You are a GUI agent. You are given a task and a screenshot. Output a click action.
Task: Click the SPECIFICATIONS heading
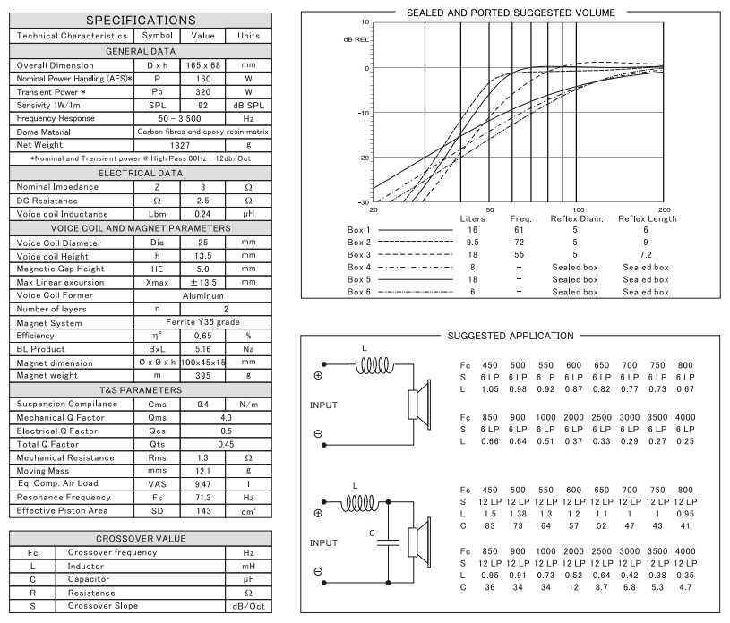click(140, 20)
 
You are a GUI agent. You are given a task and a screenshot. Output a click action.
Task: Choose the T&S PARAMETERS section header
click(140, 391)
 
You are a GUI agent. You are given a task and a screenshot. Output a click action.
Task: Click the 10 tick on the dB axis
click(365, 21)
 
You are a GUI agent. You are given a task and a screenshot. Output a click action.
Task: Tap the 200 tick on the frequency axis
click(664, 209)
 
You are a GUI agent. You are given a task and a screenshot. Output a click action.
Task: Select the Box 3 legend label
click(358, 255)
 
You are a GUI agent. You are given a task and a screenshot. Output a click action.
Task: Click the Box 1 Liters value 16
click(472, 230)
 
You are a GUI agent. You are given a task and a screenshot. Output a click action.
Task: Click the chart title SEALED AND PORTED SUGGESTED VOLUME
click(511, 13)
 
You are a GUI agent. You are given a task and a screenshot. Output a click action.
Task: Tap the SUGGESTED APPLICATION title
click(510, 336)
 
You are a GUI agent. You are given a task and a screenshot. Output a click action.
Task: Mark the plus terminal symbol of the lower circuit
click(318, 514)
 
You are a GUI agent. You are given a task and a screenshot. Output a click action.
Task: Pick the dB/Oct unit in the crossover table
click(249, 606)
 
